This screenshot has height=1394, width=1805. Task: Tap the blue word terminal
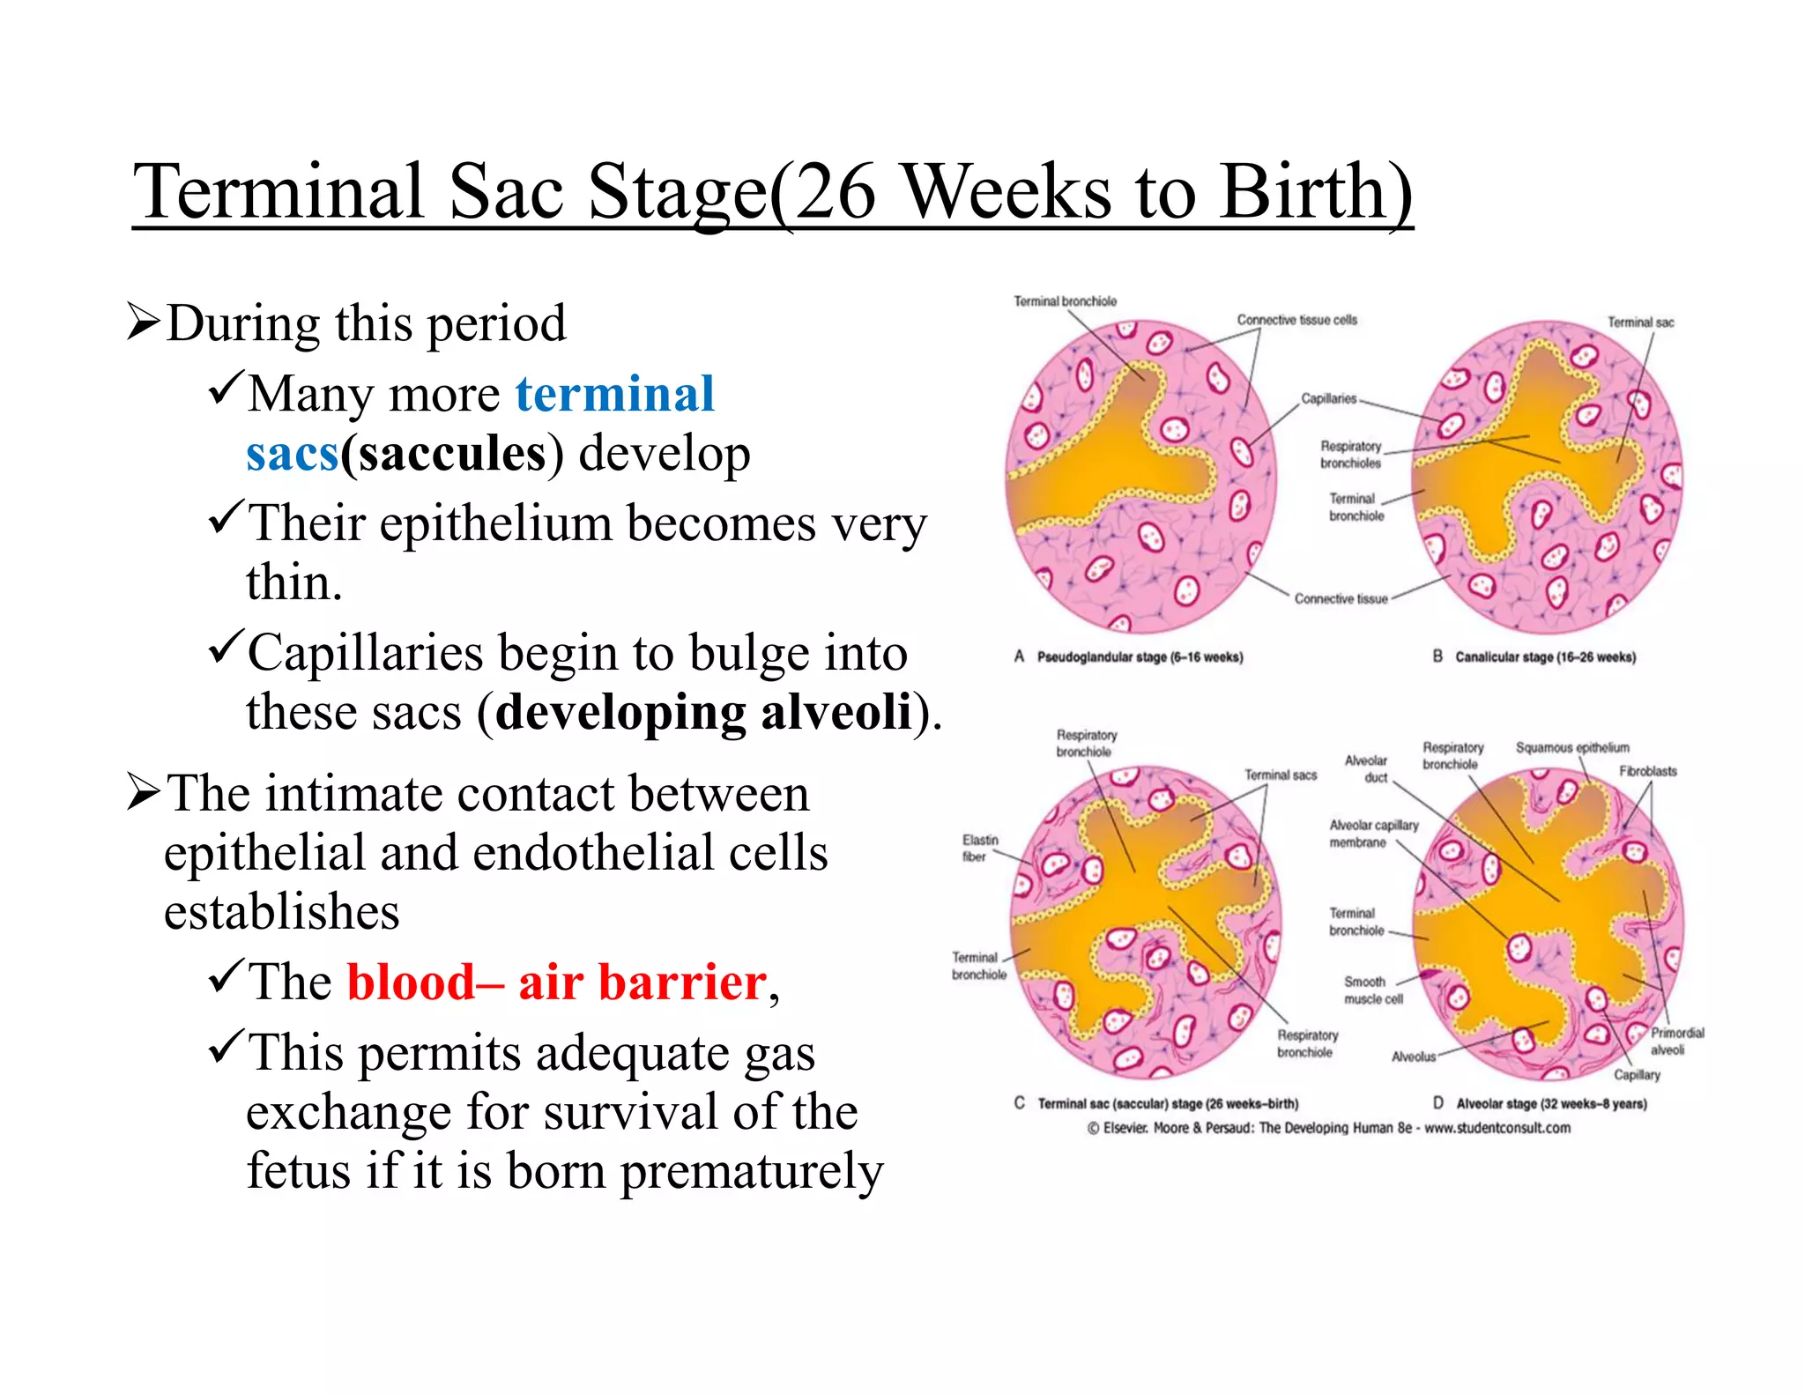pyautogui.click(x=614, y=393)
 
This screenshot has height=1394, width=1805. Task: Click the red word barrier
pyautogui.click(x=682, y=982)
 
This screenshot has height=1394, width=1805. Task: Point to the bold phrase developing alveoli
pyautogui.click(x=703, y=712)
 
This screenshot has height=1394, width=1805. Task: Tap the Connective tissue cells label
pyautogui.click(x=1296, y=320)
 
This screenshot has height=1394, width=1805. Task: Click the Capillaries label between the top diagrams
pyautogui.click(x=1328, y=398)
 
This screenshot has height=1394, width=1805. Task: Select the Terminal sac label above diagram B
pyautogui.click(x=1639, y=323)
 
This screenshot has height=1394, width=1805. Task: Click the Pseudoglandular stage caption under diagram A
pyautogui.click(x=1139, y=657)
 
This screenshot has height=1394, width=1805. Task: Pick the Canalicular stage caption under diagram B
pyautogui.click(x=1544, y=657)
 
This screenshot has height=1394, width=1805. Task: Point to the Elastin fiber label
pyautogui.click(x=979, y=848)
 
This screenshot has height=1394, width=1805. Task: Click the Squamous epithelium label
pyautogui.click(x=1571, y=747)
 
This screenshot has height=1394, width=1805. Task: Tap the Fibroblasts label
pyautogui.click(x=1647, y=771)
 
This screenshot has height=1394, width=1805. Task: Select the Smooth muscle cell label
pyautogui.click(x=1372, y=990)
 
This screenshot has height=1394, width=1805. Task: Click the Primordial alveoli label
pyautogui.click(x=1676, y=1041)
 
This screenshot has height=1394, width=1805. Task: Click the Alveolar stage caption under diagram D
pyautogui.click(x=1550, y=1103)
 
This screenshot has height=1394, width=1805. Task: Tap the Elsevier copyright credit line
pyautogui.click(x=1328, y=1128)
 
